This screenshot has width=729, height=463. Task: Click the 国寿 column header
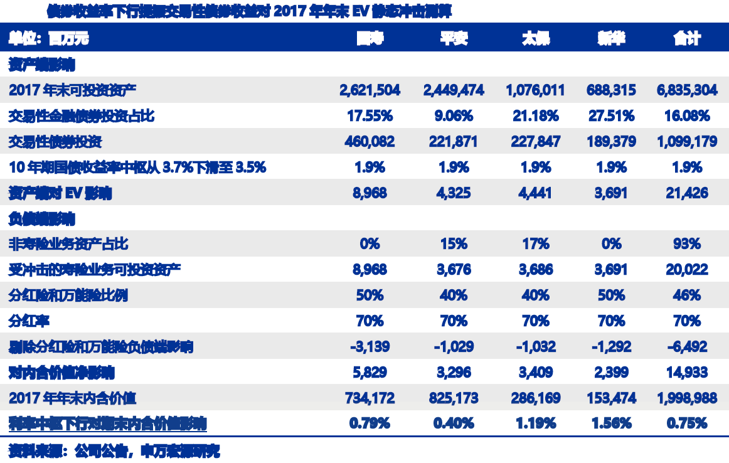point(370,39)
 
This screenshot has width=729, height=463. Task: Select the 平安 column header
point(454,39)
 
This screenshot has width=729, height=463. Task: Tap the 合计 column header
point(686,39)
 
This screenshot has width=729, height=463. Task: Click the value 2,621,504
point(370,90)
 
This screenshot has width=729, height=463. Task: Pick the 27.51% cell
point(611,116)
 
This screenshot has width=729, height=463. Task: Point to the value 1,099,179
point(686,142)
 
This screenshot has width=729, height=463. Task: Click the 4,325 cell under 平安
point(454,193)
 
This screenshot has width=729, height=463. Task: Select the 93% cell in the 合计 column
point(686,244)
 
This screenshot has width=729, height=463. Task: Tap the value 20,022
point(686,270)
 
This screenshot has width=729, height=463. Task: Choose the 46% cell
point(686,295)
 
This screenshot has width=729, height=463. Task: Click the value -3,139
point(370,346)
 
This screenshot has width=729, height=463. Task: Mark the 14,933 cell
point(686,372)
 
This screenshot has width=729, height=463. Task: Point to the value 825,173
point(454,398)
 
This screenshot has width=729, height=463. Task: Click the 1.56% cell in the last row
point(611,423)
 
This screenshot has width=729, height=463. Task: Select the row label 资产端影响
point(41,65)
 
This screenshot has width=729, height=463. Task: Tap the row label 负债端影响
point(41,218)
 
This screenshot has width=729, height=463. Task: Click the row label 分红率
point(29,321)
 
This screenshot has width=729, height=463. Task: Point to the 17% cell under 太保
point(535,244)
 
